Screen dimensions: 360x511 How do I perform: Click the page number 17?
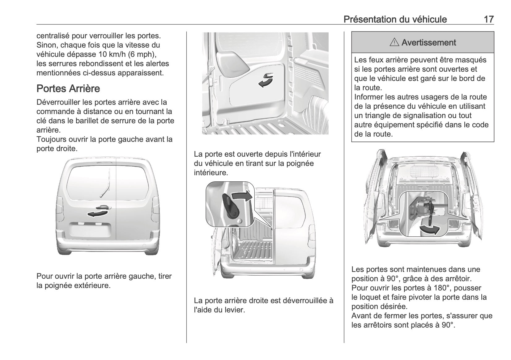pos(488,19)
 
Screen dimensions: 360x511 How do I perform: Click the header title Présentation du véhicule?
pos(395,19)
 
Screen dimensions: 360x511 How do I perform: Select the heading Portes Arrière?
pos(68,89)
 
